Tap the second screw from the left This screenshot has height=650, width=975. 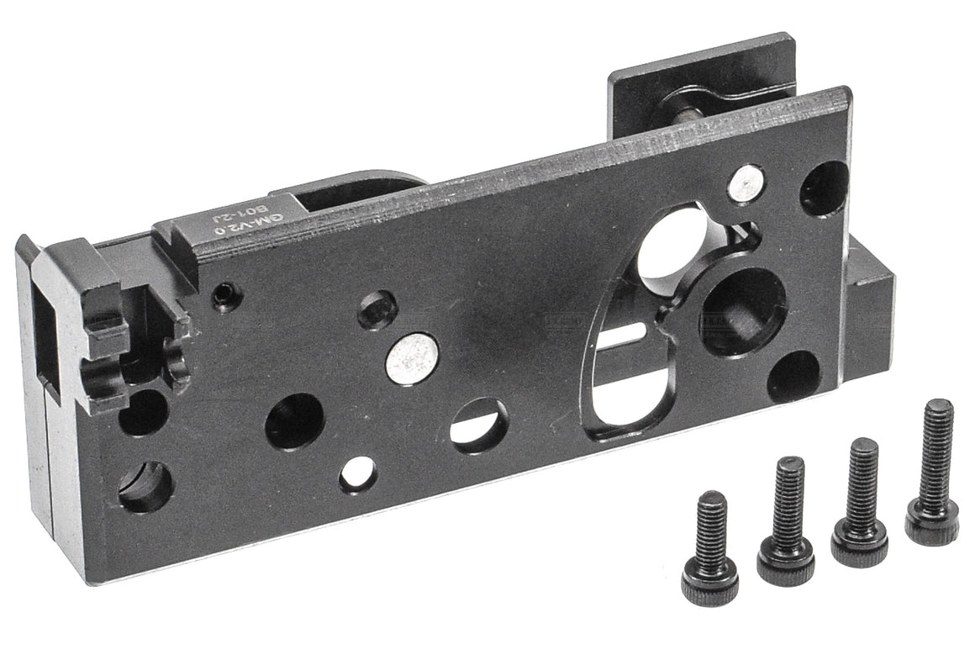pyautogui.click(x=786, y=522)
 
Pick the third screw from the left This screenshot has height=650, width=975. pyautogui.click(x=860, y=505)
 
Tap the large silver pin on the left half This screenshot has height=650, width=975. pyautogui.click(x=413, y=359)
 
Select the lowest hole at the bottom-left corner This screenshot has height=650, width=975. pyautogui.click(x=145, y=488)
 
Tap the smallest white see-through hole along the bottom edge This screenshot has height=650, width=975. pyautogui.click(x=358, y=475)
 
